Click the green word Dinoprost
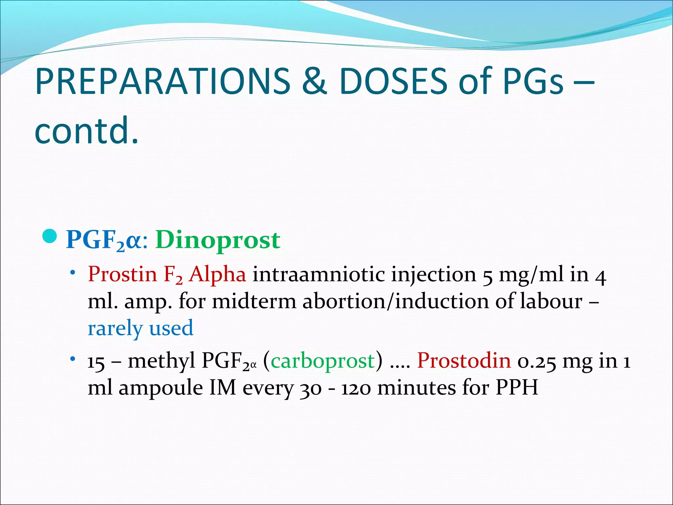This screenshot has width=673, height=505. tap(218, 240)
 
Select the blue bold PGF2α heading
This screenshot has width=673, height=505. tap(104, 240)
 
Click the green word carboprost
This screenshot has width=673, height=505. tap(323, 361)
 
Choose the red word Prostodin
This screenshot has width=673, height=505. tap(464, 360)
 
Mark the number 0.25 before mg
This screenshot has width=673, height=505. tap(537, 361)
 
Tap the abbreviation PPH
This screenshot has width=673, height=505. tap(517, 388)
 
